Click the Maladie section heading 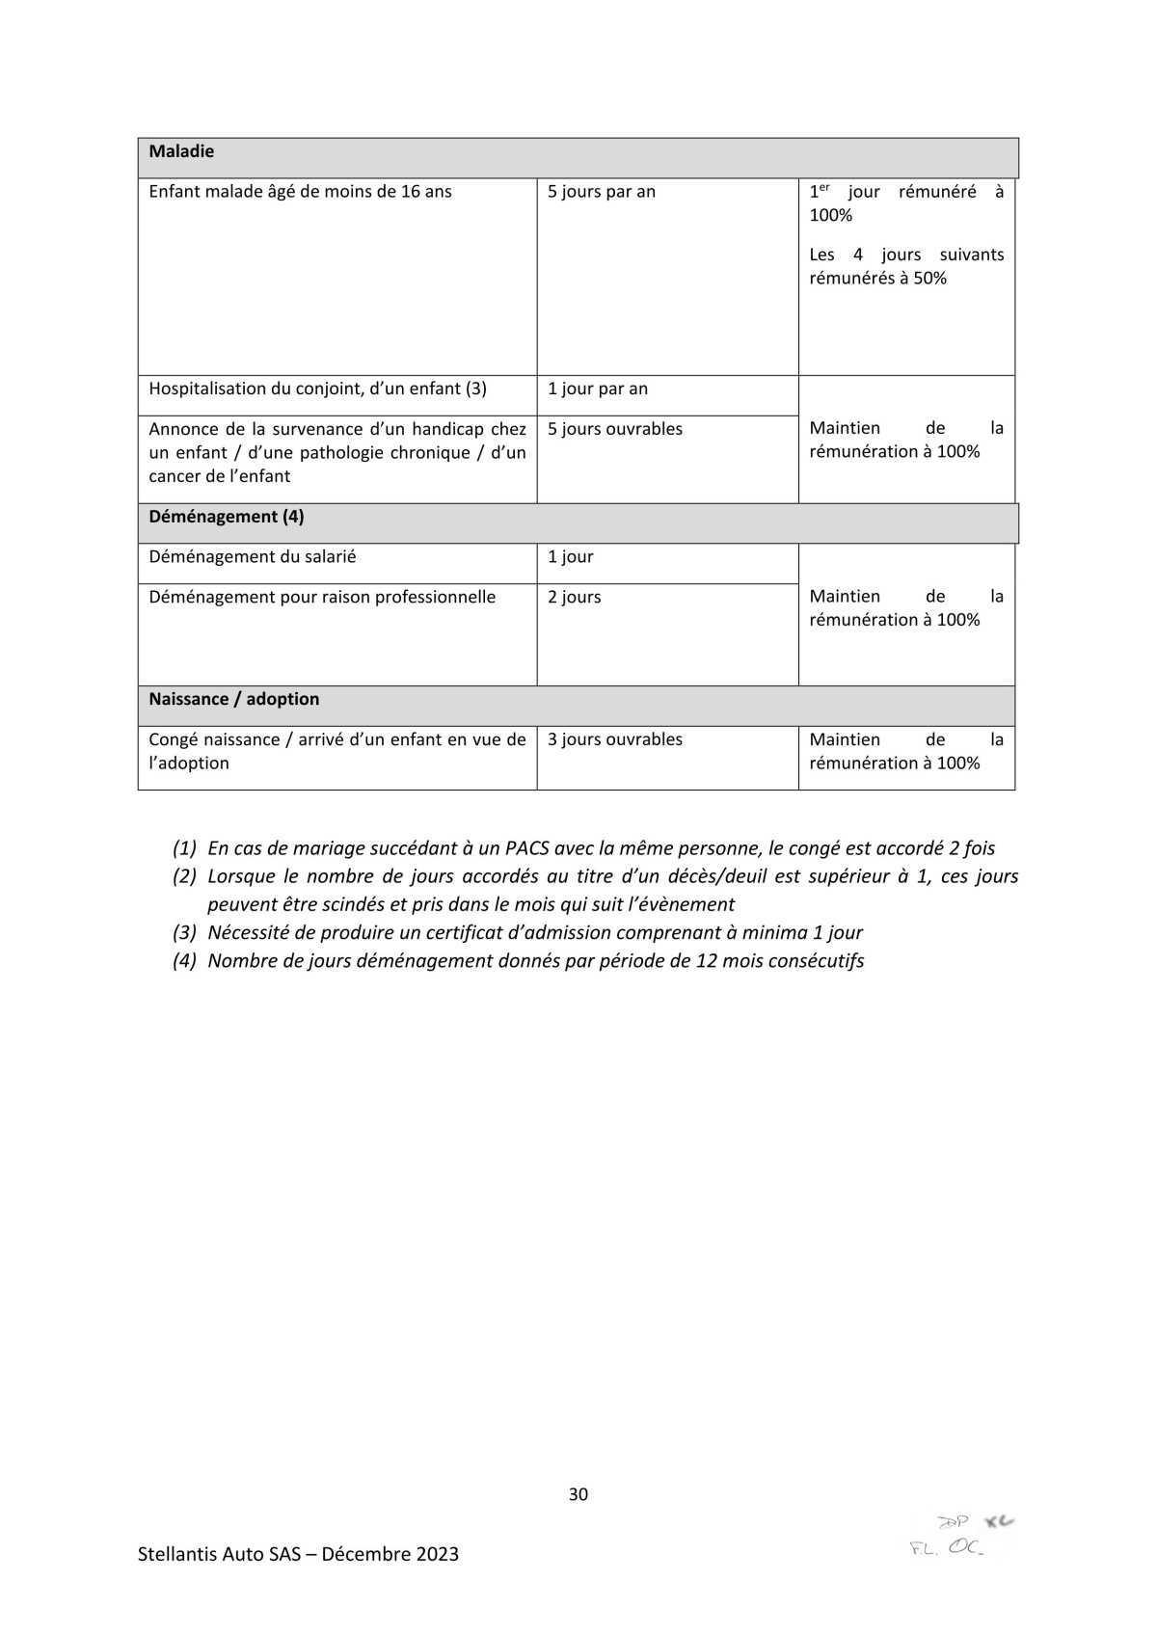click(x=181, y=151)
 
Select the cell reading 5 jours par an click(x=601, y=192)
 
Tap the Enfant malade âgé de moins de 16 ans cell click(x=300, y=192)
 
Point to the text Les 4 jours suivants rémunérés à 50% click(x=905, y=266)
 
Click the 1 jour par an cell click(x=597, y=389)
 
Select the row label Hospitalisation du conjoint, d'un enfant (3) click(x=317, y=389)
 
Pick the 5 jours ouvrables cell click(x=614, y=429)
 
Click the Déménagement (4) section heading click(x=226, y=517)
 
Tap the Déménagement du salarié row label click(x=252, y=557)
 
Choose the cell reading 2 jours click(x=574, y=598)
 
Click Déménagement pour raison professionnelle click(x=322, y=598)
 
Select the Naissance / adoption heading click(x=233, y=699)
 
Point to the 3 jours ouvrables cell click(x=614, y=739)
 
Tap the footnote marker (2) click(x=184, y=876)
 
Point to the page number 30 click(x=578, y=1494)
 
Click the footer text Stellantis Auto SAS click(x=225, y=1554)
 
